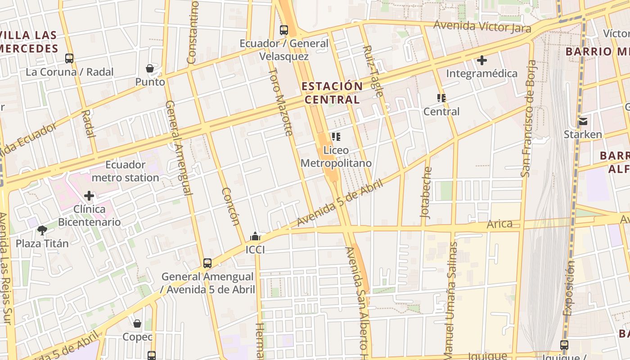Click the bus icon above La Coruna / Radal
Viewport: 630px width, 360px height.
click(69, 58)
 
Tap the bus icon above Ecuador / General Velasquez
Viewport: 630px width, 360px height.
click(284, 30)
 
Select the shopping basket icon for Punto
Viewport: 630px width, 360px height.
click(150, 68)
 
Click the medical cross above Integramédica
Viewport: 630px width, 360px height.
click(482, 60)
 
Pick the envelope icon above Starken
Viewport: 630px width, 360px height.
click(583, 121)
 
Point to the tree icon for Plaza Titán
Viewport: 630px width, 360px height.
click(42, 230)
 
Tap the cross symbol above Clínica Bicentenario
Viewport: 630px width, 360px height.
click(89, 195)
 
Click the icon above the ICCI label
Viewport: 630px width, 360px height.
click(255, 236)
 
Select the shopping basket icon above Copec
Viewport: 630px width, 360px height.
click(137, 324)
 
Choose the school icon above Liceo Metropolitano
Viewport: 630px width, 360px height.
click(336, 137)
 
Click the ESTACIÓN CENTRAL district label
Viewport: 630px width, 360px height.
click(332, 93)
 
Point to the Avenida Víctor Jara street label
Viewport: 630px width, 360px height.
click(482, 26)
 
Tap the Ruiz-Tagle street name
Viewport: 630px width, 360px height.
click(373, 71)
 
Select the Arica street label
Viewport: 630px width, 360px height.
click(499, 224)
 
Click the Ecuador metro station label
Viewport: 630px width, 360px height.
click(125, 171)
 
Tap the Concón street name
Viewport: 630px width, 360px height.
click(230, 206)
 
